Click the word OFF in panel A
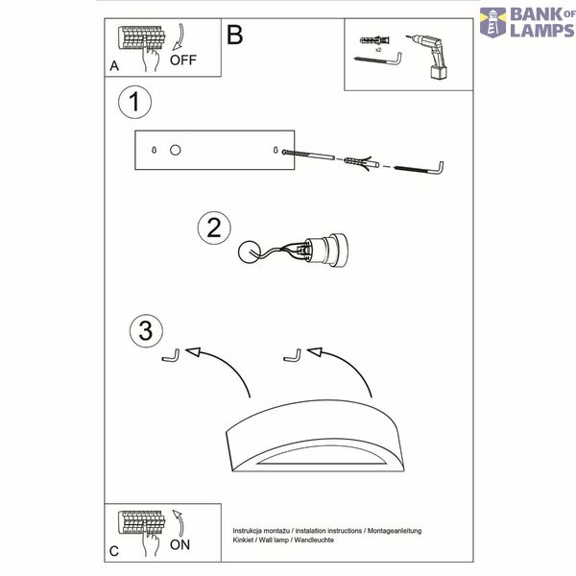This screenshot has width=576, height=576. (x=183, y=60)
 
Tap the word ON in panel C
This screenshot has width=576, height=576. (x=180, y=544)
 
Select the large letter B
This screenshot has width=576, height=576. (x=235, y=35)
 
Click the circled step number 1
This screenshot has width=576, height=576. (x=134, y=102)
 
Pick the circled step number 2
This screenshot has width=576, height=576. (x=214, y=228)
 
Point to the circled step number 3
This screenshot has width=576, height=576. (x=146, y=330)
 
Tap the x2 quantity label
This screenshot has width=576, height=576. (x=378, y=50)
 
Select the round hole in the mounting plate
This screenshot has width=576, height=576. (x=176, y=150)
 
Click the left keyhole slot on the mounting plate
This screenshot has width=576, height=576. (x=154, y=150)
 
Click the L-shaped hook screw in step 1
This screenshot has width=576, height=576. (x=419, y=169)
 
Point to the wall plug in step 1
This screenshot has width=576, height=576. (x=362, y=161)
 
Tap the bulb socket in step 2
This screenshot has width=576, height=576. (x=324, y=250)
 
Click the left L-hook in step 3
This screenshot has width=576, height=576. (x=171, y=356)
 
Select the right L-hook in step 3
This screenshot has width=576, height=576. (x=293, y=356)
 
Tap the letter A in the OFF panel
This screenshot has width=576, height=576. (x=114, y=66)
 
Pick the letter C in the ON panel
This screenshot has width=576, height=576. (x=114, y=551)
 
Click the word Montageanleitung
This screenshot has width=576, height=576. (x=395, y=531)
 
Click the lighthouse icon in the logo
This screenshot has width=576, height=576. (x=493, y=23)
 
